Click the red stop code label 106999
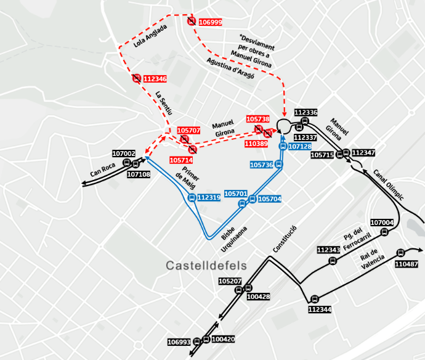[x=210, y=22]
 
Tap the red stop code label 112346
[x=155, y=79]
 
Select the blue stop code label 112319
[x=209, y=198]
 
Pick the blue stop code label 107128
[x=299, y=147]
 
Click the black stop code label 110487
[x=406, y=264]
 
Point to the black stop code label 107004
[x=382, y=223]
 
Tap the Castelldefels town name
[x=206, y=266]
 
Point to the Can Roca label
[x=102, y=170]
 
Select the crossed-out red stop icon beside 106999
[x=192, y=22]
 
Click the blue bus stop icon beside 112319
[x=192, y=198]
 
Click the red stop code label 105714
[x=182, y=160]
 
